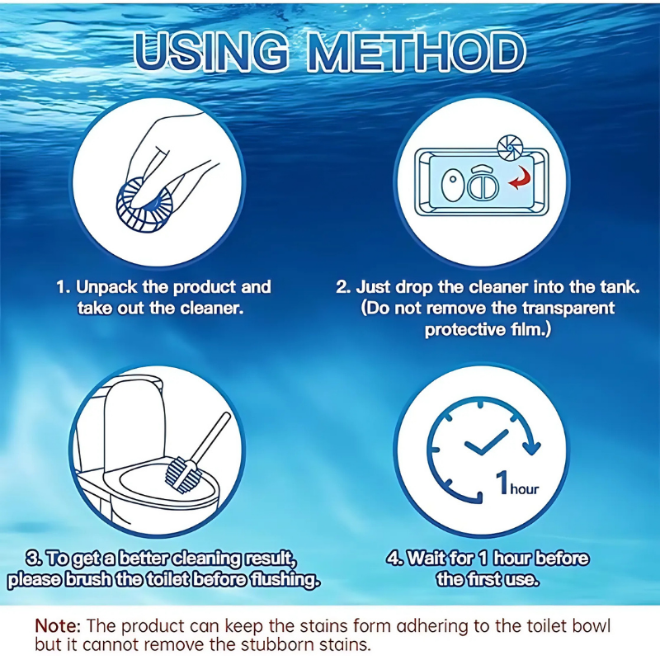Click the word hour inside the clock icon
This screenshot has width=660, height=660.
[x=524, y=489]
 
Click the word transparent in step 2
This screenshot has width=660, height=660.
[x=561, y=309]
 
